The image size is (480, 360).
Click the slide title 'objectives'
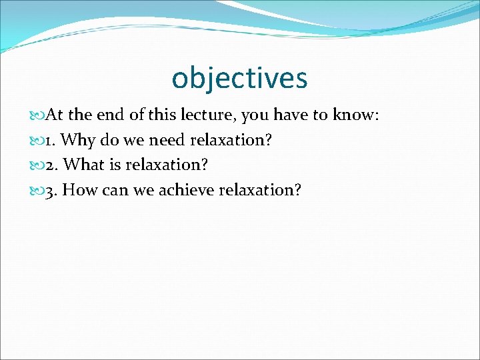239,78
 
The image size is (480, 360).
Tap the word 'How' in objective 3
85,190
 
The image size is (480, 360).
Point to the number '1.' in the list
50,141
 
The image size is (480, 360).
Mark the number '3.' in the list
52,190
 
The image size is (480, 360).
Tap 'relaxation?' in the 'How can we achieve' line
262,190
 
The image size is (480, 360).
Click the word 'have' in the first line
291,115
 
